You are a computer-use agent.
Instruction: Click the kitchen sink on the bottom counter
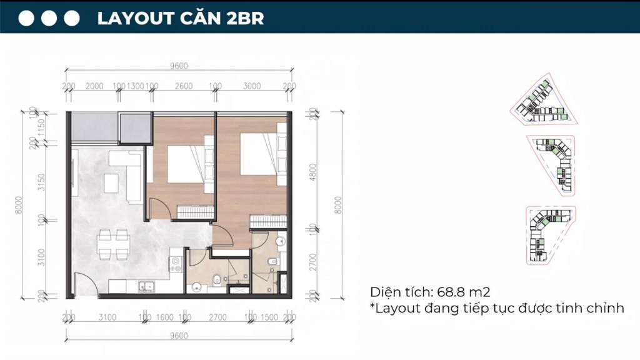(x=147, y=287)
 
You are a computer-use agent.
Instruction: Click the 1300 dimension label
(x=135, y=86)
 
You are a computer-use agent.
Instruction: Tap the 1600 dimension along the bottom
(x=164, y=317)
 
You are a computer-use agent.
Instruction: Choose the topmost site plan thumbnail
(x=541, y=104)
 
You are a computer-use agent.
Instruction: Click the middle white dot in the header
(x=49, y=18)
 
